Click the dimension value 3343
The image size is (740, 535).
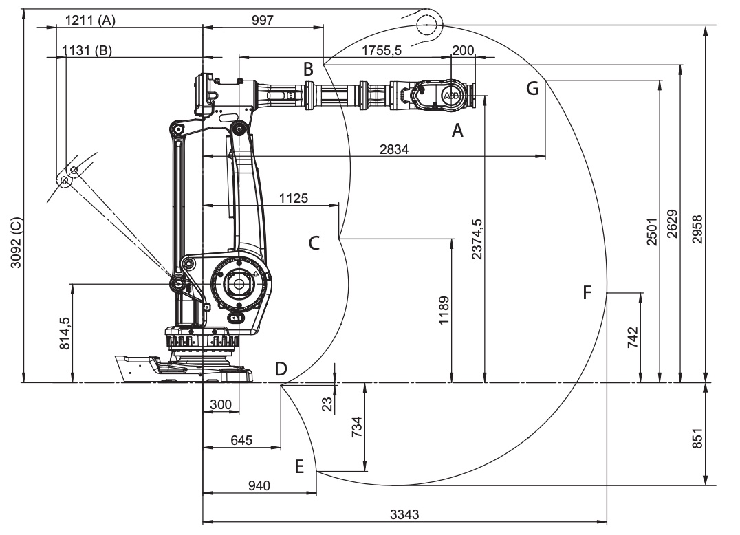pyautogui.click(x=406, y=514)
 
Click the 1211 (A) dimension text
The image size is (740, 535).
pyautogui.click(x=89, y=20)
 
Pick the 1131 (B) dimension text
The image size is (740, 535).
pyautogui.click(x=87, y=51)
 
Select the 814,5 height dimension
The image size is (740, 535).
pyautogui.click(x=64, y=332)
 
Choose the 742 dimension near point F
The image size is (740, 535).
pyautogui.click(x=633, y=338)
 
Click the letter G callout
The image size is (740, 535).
pyautogui.click(x=532, y=88)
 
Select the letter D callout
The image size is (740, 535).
pyautogui.click(x=281, y=369)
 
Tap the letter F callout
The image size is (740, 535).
pyautogui.click(x=587, y=293)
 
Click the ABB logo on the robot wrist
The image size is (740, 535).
pyautogui.click(x=451, y=95)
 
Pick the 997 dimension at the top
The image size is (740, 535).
pyautogui.click(x=262, y=20)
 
